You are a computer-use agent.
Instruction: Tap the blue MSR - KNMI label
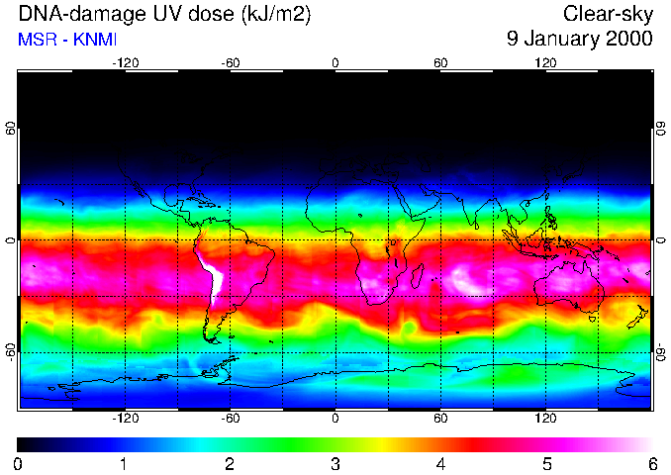(x=67, y=40)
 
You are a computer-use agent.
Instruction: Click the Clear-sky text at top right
(x=608, y=14)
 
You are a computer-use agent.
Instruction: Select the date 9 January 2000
(x=579, y=40)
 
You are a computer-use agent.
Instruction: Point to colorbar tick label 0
(x=18, y=464)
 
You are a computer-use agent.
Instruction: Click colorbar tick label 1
(x=124, y=464)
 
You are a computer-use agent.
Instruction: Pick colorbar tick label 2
(x=230, y=464)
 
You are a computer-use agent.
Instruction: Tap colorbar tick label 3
(x=335, y=464)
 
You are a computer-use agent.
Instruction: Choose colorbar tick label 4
(x=441, y=464)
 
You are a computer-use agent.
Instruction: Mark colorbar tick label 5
(x=546, y=464)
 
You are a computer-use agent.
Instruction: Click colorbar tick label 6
(x=652, y=464)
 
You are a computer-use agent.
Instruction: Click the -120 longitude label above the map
(x=125, y=63)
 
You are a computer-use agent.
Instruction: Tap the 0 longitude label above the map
(x=335, y=63)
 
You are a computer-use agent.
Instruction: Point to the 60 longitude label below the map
(x=440, y=418)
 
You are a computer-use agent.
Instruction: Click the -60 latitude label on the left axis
(x=11, y=352)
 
